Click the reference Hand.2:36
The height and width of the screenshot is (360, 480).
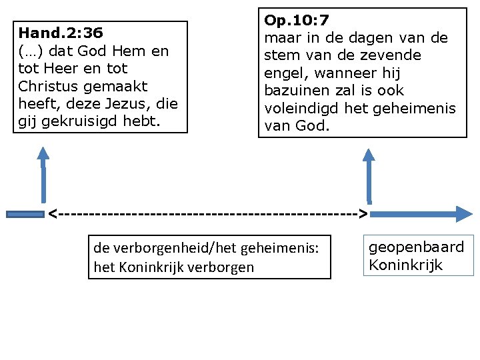[61, 33]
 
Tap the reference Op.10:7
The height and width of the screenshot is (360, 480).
[297, 21]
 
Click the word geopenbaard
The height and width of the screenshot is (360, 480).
[416, 247]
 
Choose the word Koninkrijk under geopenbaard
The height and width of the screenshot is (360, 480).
[405, 265]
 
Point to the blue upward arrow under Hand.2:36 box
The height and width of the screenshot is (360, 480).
[43, 173]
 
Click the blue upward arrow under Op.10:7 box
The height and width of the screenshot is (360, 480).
[369, 173]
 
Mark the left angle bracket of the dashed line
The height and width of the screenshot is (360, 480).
[53, 214]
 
